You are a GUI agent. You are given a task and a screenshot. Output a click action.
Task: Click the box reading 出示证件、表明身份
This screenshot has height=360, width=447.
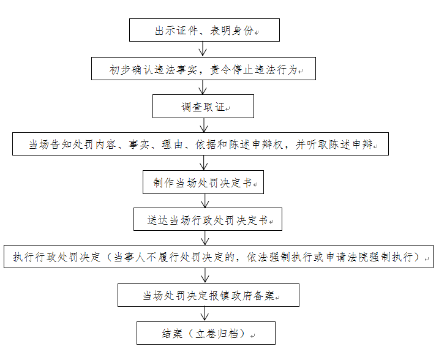click(205, 30)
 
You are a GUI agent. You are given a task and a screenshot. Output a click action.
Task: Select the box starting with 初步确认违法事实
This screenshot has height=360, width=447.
click(203, 69)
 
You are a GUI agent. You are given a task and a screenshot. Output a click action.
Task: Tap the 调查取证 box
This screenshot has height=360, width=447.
click(203, 107)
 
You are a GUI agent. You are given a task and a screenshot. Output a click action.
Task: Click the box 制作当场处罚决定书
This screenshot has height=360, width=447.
click(203, 182)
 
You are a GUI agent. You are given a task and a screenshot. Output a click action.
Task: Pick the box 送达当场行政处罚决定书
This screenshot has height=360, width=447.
click(208, 219)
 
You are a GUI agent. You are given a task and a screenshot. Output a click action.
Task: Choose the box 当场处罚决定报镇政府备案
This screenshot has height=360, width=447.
click(208, 295)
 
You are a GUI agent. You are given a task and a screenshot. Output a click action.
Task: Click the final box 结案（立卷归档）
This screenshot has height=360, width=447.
click(206, 333)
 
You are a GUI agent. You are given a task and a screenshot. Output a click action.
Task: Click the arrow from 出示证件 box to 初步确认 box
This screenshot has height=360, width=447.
click(203, 49)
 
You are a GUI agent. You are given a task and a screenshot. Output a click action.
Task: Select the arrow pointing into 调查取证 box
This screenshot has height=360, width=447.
click(203, 87)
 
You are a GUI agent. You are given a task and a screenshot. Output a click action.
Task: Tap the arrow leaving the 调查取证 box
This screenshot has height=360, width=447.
click(204, 125)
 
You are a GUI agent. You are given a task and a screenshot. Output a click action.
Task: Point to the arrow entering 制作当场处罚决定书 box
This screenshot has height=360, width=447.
click(204, 163)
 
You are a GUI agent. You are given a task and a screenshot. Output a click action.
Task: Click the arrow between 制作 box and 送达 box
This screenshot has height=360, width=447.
click(205, 201)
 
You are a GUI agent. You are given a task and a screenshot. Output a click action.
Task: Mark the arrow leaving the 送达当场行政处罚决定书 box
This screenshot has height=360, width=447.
click(205, 238)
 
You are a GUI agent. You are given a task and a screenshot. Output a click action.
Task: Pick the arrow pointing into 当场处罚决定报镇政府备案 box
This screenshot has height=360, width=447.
click(205, 276)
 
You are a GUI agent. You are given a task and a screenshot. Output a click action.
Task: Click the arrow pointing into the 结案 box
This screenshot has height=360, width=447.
click(205, 314)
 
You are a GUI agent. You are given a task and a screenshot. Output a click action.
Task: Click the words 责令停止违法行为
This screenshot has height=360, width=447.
click(254, 70)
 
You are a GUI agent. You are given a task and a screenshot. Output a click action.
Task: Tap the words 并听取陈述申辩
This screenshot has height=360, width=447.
click(334, 144)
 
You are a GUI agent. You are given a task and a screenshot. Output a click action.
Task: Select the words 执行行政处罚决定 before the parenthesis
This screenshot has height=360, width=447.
click(57, 257)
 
